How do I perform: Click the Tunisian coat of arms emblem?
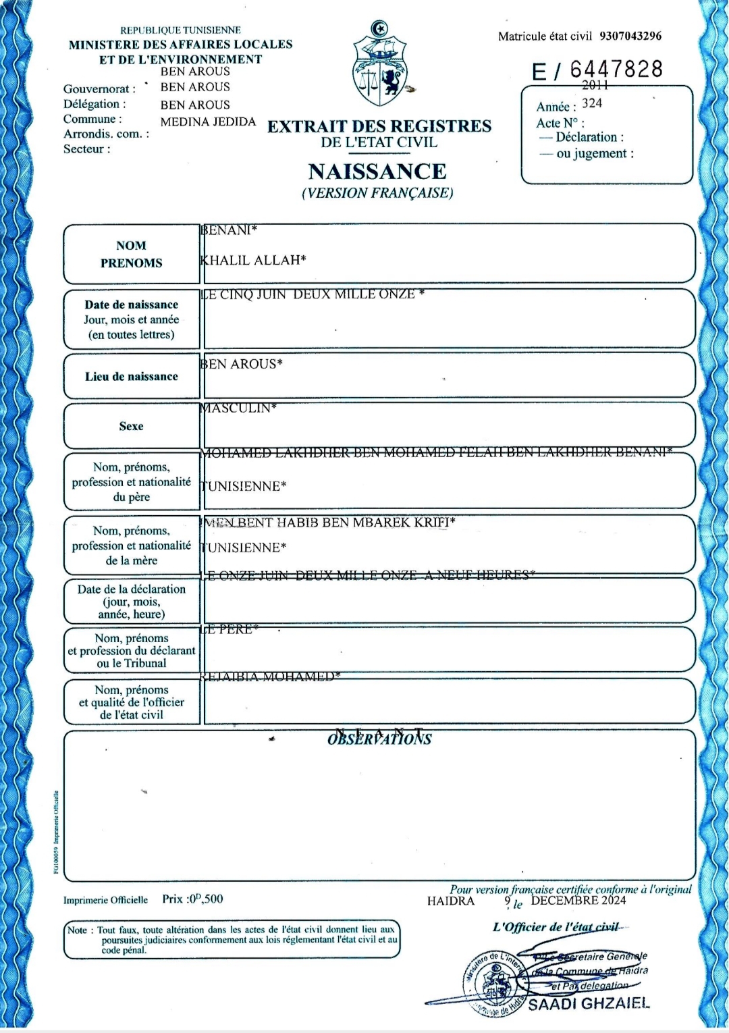pos(380,64)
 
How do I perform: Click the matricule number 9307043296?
pos(630,36)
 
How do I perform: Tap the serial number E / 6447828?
pos(597,70)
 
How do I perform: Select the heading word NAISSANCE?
pos(377,171)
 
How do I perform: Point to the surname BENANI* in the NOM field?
pos(229,231)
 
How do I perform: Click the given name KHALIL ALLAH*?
pos(253,260)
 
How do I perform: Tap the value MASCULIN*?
pos(238,408)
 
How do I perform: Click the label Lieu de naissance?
pos(131,377)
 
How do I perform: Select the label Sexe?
pos(131,426)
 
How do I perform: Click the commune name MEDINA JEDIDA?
pos(208,122)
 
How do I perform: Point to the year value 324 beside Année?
pos(592,103)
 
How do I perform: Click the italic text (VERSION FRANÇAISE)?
pos(377,193)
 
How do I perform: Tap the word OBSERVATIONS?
pos(379,739)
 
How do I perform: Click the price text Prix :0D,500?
pos(192,899)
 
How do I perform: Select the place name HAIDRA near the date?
pos(450,901)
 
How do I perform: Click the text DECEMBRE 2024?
pos(578,901)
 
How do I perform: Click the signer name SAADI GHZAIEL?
pos(588,1003)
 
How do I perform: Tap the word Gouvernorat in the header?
pos(96,89)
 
